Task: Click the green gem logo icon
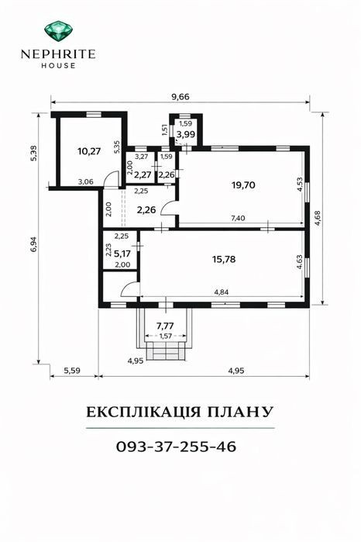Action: (58, 30)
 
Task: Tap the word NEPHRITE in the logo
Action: (58, 54)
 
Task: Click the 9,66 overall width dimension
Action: (180, 97)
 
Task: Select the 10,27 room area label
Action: (89, 151)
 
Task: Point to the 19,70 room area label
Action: (243, 185)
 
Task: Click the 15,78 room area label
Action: (224, 259)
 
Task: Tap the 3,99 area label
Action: (186, 134)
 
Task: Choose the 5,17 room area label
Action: (122, 254)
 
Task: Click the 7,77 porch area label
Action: (165, 325)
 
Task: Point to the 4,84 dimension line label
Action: (222, 292)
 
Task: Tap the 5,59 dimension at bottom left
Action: (72, 371)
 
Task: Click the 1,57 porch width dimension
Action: (166, 336)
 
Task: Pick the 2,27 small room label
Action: (143, 174)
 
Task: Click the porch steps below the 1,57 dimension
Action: (166, 350)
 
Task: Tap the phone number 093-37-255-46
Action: (176, 447)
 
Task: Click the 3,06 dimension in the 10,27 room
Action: (85, 181)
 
